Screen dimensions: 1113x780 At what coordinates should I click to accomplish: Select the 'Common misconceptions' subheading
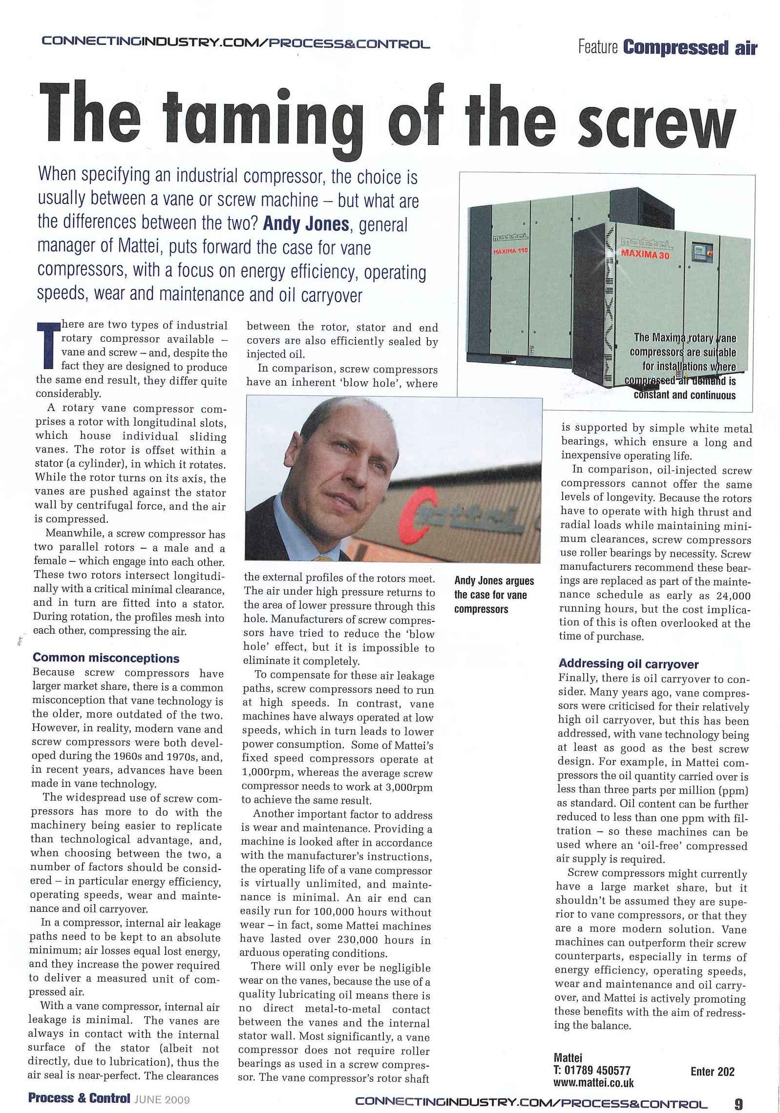106,659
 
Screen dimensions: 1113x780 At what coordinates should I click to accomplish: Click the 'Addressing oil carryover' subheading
628,664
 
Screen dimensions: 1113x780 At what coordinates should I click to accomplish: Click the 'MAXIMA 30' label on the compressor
645,255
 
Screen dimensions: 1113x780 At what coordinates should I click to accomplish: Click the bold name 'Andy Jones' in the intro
306,224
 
